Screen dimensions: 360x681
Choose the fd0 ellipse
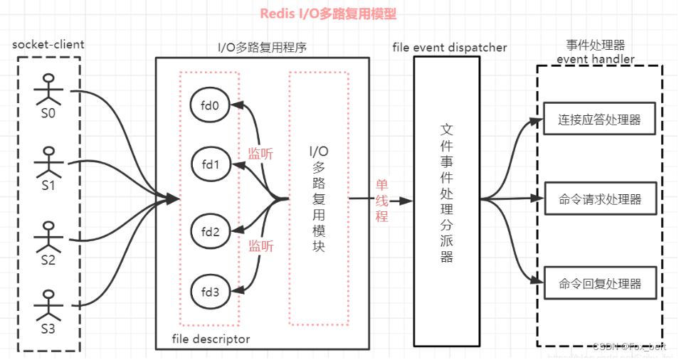click(209, 105)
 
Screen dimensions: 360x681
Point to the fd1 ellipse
click(209, 165)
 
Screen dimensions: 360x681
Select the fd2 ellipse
click(209, 231)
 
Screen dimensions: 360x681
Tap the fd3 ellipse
click(209, 291)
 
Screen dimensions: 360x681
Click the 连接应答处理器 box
click(602, 120)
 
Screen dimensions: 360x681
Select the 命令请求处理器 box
click(602, 200)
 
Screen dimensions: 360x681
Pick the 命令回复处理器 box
click(602, 283)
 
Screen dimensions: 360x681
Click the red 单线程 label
click(382, 200)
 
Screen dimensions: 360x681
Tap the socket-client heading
click(48, 44)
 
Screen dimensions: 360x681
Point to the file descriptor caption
click(211, 339)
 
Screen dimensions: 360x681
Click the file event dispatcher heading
click(450, 48)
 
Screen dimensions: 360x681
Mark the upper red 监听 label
click(260, 153)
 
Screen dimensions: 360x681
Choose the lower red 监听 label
click(260, 246)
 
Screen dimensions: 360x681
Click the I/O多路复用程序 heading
click(262, 48)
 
